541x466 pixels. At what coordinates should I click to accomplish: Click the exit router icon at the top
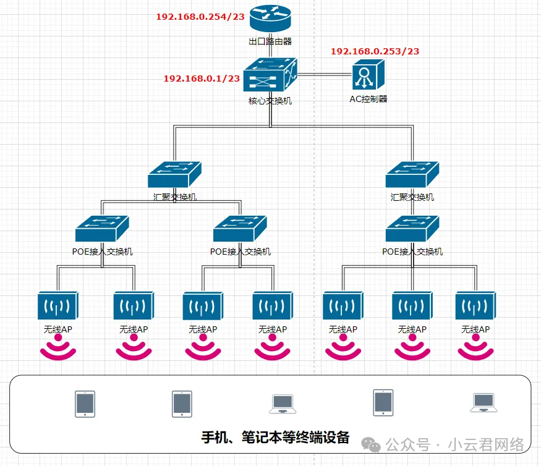click(x=270, y=19)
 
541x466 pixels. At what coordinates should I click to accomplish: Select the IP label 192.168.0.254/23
click(x=200, y=17)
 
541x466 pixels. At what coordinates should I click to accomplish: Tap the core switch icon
click(x=270, y=77)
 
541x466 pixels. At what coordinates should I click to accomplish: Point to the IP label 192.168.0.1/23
click(x=202, y=78)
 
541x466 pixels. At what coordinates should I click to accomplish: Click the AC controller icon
click(x=368, y=77)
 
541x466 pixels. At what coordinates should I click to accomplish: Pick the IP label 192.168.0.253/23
click(x=375, y=51)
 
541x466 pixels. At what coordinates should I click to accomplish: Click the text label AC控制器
click(x=368, y=99)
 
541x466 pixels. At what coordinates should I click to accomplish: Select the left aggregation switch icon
click(x=175, y=174)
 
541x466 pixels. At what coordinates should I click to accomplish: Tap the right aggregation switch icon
click(x=412, y=174)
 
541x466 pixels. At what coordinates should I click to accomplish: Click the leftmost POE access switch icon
click(x=102, y=229)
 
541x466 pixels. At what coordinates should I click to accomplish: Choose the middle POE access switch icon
click(x=240, y=229)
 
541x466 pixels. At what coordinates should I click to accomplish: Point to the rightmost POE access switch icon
click(x=412, y=229)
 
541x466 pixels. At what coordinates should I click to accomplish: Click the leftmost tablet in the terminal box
click(x=85, y=403)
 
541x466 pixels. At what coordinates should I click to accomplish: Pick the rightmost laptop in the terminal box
click(x=483, y=403)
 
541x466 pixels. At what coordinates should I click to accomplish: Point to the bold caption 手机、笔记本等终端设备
click(x=276, y=438)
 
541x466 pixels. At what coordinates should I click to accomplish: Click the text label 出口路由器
click(x=270, y=41)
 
